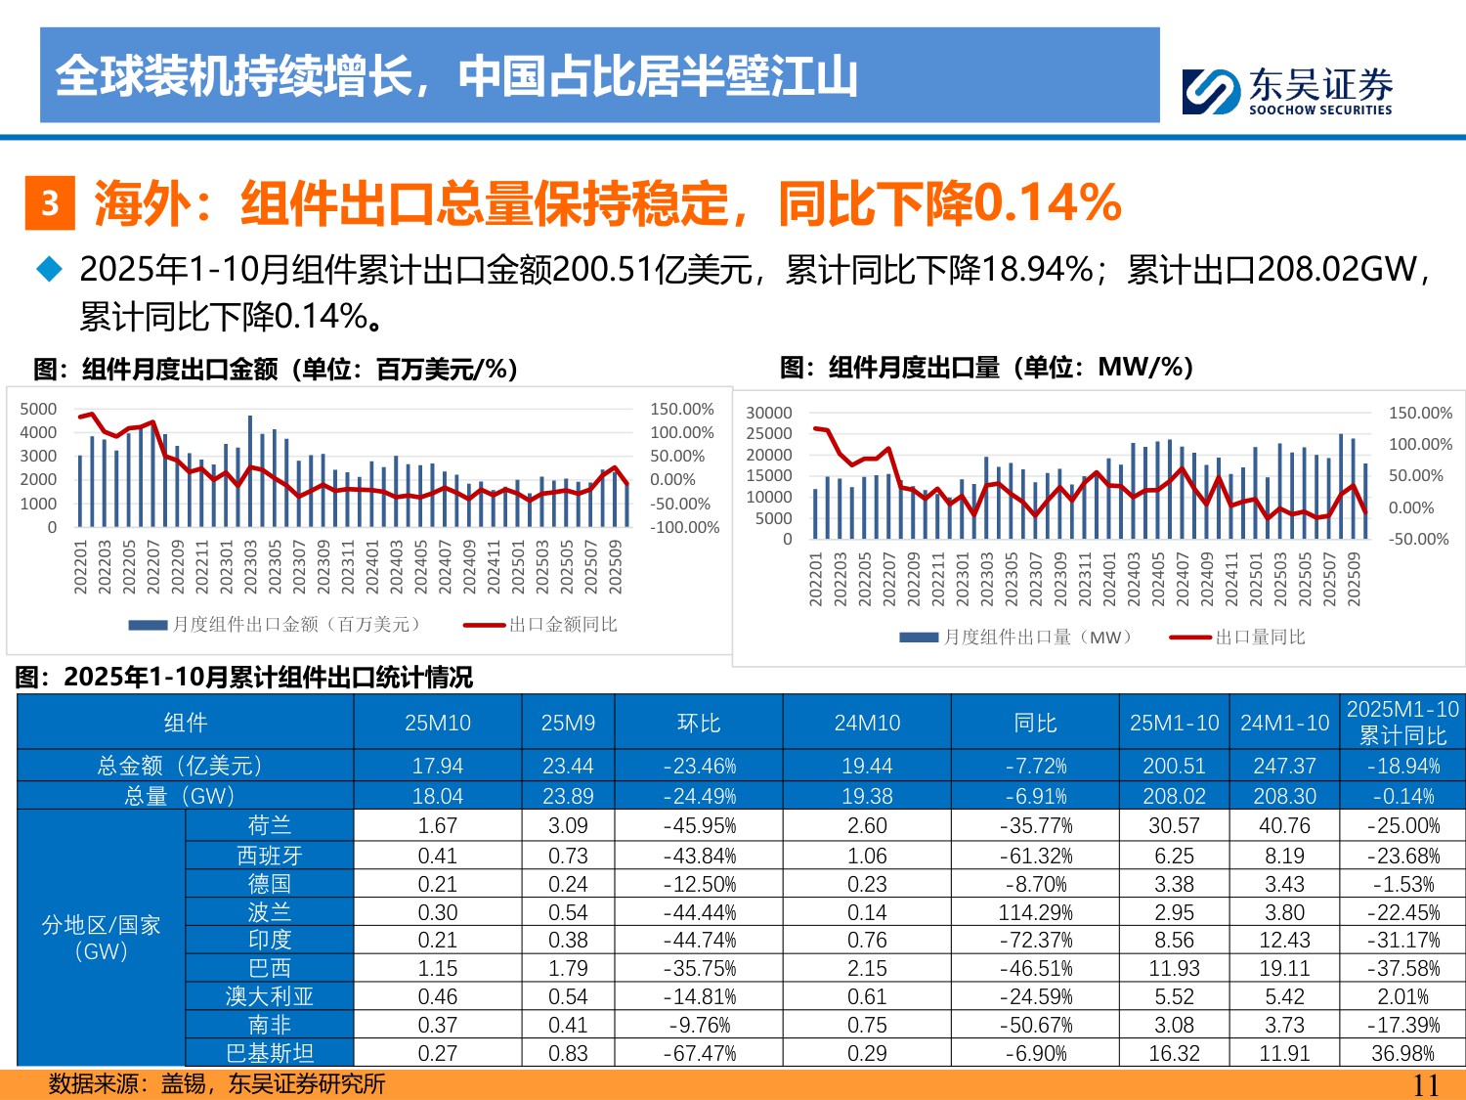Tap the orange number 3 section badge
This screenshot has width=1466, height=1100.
50,202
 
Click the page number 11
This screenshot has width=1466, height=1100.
1426,1084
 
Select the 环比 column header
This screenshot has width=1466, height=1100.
698,723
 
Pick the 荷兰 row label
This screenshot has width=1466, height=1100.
269,825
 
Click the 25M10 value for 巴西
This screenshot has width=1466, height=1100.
437,968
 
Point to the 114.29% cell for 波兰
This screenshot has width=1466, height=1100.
1035,912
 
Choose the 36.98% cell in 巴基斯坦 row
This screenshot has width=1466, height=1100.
1402,1053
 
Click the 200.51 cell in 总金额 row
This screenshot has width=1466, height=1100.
1174,766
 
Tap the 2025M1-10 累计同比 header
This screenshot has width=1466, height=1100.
1402,723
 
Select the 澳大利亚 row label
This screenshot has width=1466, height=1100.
269,996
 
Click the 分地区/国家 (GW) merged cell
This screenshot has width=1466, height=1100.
101,938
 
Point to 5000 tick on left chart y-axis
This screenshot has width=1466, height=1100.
38,409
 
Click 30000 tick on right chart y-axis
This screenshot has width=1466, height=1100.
768,413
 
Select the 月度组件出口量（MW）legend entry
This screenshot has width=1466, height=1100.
1016,637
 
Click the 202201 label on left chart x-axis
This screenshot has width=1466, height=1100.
81,566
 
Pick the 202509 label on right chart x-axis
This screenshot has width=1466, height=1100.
1354,579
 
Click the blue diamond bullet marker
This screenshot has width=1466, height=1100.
49,269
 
